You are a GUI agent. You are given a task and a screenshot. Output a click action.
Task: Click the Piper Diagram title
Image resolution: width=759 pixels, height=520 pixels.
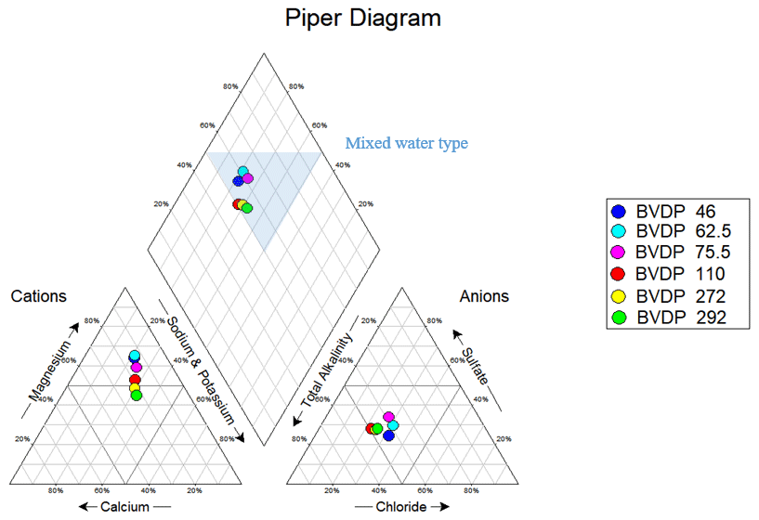[x=362, y=19]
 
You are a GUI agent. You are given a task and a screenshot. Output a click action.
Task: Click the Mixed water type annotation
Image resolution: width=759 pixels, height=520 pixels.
[x=407, y=143]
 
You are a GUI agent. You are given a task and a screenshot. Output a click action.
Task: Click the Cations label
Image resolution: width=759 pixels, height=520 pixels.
[x=39, y=296]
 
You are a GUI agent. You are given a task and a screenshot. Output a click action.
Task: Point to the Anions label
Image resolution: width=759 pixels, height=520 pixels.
[x=485, y=296]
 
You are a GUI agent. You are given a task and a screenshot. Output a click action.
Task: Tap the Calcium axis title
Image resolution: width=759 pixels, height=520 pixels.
[x=124, y=506]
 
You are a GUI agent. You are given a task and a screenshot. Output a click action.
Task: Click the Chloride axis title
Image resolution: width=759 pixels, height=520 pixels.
[x=401, y=506]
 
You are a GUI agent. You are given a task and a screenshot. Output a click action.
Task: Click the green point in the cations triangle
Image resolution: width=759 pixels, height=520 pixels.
[x=136, y=395]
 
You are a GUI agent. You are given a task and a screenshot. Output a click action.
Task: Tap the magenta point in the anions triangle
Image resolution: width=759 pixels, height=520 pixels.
[x=388, y=417]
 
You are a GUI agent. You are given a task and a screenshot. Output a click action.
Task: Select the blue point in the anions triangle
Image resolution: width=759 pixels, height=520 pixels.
[x=388, y=435]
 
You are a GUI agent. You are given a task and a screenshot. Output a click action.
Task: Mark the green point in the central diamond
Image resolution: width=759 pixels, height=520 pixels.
[x=247, y=208]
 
